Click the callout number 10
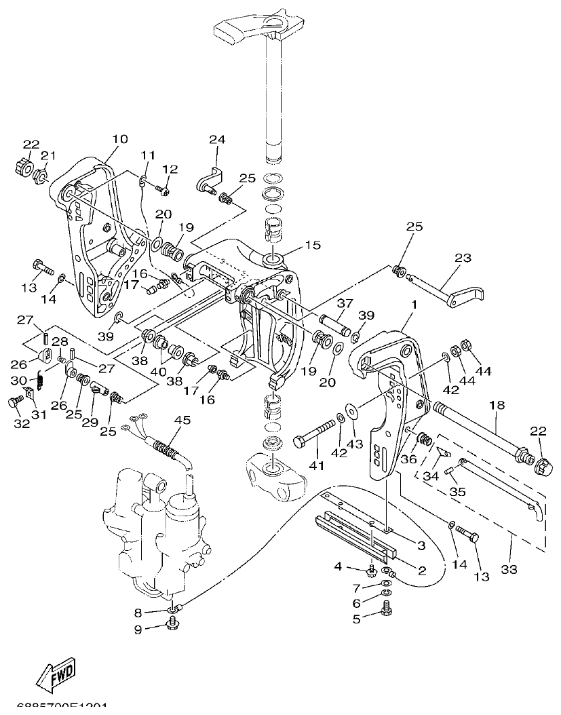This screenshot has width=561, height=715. tap(119, 139)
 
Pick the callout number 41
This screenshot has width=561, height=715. tap(317, 466)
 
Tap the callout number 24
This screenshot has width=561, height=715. tap(216, 140)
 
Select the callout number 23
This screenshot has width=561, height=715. tap(462, 258)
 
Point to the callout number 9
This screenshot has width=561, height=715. tap(138, 629)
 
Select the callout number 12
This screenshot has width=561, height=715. tap(170, 169)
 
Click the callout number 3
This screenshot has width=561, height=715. tap(421, 545)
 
